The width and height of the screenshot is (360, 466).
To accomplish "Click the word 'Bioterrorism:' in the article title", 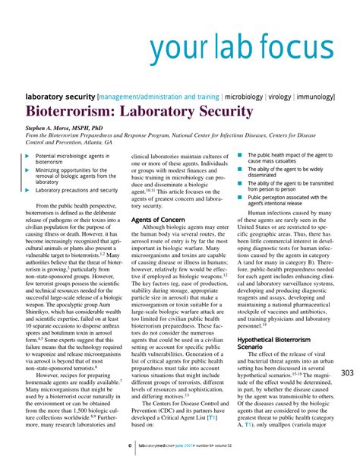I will click(x=71, y=112).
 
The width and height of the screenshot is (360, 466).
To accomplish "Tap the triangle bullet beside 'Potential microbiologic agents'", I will click(x=30, y=156).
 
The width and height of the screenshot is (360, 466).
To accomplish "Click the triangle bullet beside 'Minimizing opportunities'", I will click(x=30, y=170).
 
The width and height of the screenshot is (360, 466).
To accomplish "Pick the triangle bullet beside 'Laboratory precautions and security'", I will click(x=30, y=190).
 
